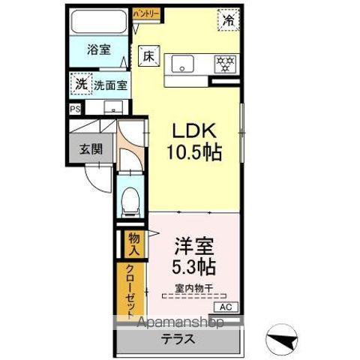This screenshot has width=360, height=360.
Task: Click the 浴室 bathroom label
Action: (98, 49)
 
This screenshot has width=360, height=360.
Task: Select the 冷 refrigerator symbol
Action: (227, 20)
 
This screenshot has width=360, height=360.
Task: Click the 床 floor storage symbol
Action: (148, 55)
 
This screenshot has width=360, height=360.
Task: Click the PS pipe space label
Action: (73, 109)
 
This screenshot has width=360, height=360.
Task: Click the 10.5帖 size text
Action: (193, 152)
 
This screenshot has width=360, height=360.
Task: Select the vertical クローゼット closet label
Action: (131, 290)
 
